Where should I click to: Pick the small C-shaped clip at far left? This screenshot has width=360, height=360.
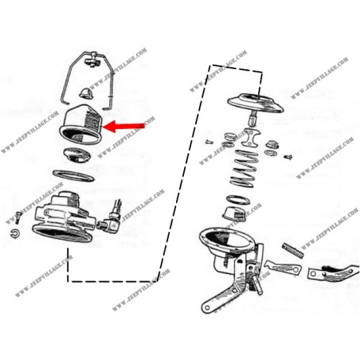pyautogui.click(x=19, y=232)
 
